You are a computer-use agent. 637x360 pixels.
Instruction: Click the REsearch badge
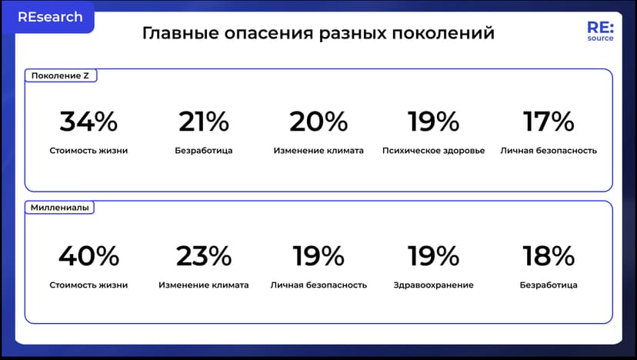(x=50, y=17)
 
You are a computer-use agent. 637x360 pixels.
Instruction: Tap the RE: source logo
(x=600, y=32)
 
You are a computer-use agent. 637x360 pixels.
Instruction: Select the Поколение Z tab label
(x=60, y=75)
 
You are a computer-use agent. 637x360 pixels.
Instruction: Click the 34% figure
(x=88, y=122)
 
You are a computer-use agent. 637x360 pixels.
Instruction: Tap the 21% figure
(x=204, y=122)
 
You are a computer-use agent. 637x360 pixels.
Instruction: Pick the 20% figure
(x=318, y=122)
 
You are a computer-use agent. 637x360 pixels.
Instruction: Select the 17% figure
(x=549, y=122)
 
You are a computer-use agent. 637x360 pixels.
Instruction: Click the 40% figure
(x=88, y=255)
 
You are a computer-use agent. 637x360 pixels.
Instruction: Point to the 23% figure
(x=204, y=255)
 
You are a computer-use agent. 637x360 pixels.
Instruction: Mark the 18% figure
(x=549, y=255)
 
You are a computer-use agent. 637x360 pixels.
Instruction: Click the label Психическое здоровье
(x=433, y=151)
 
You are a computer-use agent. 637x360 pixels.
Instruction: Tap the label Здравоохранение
(x=433, y=285)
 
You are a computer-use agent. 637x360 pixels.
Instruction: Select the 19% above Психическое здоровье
(x=433, y=122)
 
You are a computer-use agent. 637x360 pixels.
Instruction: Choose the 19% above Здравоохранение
(x=433, y=255)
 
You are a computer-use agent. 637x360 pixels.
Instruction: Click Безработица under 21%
(x=204, y=151)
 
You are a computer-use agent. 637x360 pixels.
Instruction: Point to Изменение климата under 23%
(x=204, y=285)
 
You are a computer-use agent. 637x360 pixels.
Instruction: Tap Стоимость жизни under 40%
(x=88, y=285)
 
